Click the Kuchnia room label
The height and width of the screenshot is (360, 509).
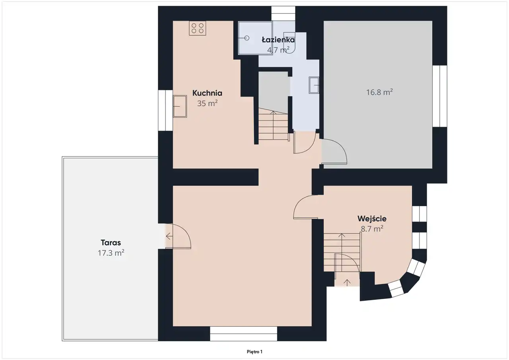click(207, 93)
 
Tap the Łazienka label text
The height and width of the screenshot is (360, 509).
click(278, 40)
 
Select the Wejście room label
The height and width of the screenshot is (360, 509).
click(372, 219)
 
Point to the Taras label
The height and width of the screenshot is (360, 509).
click(111, 243)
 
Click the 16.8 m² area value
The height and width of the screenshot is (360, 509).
click(379, 92)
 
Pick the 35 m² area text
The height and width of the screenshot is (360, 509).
click(207, 103)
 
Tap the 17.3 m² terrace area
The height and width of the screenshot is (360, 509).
click(111, 253)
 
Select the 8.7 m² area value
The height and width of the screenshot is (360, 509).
click(372, 229)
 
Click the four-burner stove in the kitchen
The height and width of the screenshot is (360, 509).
click(198, 28)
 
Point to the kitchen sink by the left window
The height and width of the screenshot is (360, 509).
click(180, 106)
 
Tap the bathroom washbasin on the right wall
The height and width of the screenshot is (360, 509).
click(314, 85)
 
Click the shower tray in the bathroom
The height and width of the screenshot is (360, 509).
click(255, 38)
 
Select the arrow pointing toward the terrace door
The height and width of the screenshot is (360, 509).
click(169, 236)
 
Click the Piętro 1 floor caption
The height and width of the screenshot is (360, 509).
click(254, 352)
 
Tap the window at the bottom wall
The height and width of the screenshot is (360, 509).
click(243, 334)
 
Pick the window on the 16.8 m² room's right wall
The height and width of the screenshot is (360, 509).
click(440, 96)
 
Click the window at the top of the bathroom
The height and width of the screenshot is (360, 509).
click(284, 14)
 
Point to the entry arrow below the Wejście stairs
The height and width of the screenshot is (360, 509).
click(347, 283)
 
